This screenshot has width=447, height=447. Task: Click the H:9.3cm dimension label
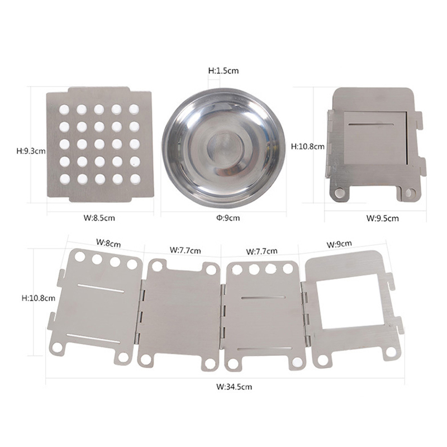tap(31, 151)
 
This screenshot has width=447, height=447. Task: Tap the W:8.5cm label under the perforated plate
tap(99, 218)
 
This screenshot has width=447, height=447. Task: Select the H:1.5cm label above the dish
tap(223, 70)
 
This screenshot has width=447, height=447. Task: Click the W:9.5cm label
tap(383, 218)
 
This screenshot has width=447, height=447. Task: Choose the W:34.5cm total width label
tap(234, 387)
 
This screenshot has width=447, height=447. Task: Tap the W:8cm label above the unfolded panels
tap(108, 243)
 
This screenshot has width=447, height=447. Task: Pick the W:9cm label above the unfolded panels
tap(339, 244)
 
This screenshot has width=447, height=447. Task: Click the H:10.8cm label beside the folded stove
tap(308, 146)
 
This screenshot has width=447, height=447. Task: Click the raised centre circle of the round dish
tap(225, 149)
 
